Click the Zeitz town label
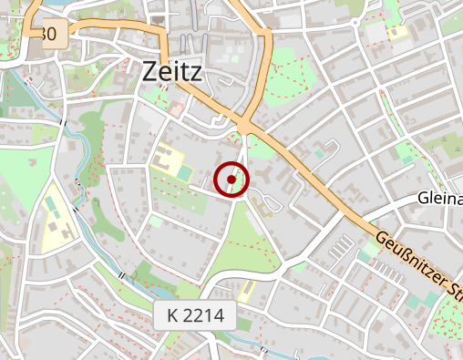coord(172,71)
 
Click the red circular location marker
coord(231,180)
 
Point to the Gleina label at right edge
coord(441,198)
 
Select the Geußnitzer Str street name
coord(417,264)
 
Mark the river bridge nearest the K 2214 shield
coord(121,274)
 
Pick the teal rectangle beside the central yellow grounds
coord(185,172)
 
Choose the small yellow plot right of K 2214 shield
coord(246,291)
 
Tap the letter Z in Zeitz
coord(150,71)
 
